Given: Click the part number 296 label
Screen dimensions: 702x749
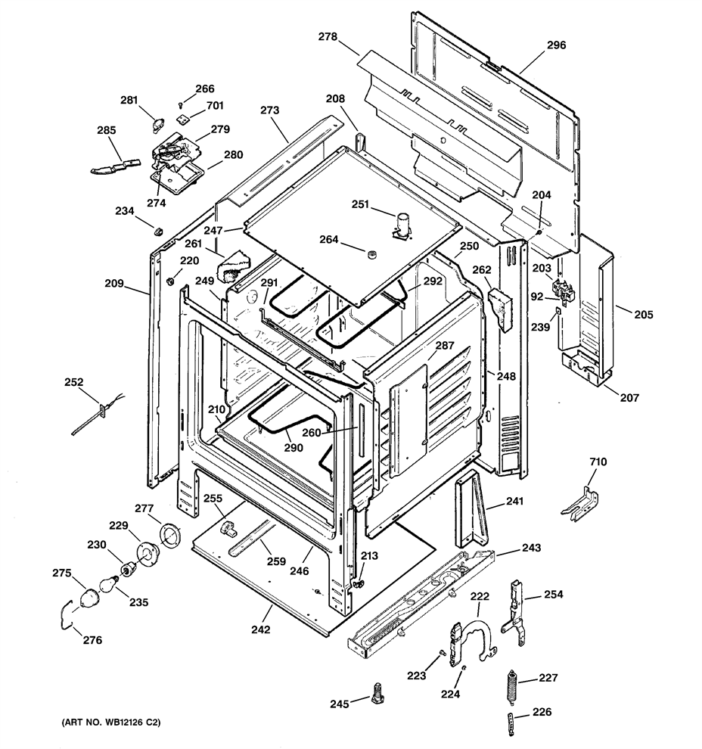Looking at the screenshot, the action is [556, 45].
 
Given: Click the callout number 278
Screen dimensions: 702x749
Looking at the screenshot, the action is [328, 37].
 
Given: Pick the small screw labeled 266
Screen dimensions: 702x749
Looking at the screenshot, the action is [179, 104].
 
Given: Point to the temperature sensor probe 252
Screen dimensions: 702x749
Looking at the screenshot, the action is [98, 414].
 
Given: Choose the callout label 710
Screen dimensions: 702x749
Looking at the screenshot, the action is [598, 462].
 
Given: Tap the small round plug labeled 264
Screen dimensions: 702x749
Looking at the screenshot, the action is [372, 253].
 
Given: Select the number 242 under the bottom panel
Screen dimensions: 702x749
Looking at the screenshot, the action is [261, 629].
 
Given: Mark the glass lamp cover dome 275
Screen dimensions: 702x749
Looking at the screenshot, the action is [89, 599].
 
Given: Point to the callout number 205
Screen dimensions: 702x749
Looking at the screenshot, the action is [644, 315].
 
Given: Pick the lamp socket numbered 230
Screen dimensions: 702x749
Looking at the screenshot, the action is [128, 570].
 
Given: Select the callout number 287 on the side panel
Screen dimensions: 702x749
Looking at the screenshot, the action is [445, 345].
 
